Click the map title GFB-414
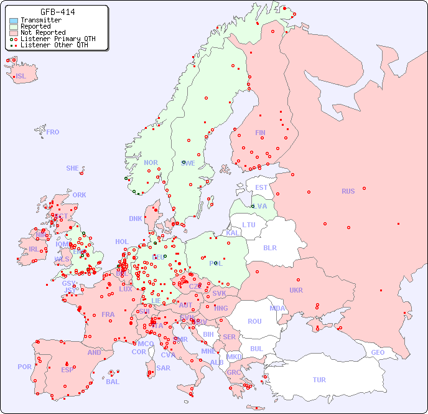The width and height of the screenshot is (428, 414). [x=58, y=12]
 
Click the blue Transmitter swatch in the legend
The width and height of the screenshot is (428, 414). [x=14, y=21]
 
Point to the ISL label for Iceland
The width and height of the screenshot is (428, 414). [x=21, y=77]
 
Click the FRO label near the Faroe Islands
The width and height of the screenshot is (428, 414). [x=53, y=132]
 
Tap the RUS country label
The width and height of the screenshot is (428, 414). [x=348, y=191]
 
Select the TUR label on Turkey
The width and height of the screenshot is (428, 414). [x=319, y=380]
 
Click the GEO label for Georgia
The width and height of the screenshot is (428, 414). [x=378, y=352]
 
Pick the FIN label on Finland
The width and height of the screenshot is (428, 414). [x=260, y=133]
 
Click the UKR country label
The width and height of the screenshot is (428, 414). [x=296, y=290]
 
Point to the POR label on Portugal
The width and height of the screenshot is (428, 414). [x=24, y=367]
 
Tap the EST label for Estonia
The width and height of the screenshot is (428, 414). [x=261, y=187]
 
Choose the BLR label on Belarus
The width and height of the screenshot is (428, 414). [x=269, y=247]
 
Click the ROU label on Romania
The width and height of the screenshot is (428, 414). [x=254, y=321]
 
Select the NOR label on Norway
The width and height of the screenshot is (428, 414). [x=151, y=162]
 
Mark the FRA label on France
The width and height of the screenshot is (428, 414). [x=108, y=314]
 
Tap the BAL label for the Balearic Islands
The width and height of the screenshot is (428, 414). [x=112, y=382]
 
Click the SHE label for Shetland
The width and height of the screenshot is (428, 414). [x=73, y=168]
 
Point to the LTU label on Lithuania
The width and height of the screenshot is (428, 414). [x=249, y=225]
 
